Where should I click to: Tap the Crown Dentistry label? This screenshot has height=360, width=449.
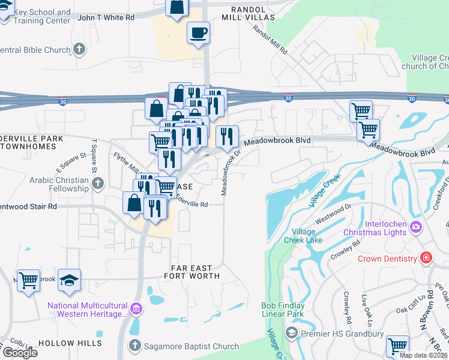(387, 259)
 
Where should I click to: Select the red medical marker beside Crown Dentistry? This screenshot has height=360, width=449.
(426, 259)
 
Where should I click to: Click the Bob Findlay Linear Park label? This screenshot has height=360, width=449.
(283, 310)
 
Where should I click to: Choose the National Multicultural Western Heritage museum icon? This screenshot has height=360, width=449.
(136, 310)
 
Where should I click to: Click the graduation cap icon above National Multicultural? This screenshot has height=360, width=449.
(70, 280)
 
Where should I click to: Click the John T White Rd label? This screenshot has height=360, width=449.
(106, 18)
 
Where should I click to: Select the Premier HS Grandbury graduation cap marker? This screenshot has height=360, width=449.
(292, 332)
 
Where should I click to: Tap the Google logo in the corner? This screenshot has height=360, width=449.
(19, 352)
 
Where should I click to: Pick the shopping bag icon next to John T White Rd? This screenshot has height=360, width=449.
(178, 7)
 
